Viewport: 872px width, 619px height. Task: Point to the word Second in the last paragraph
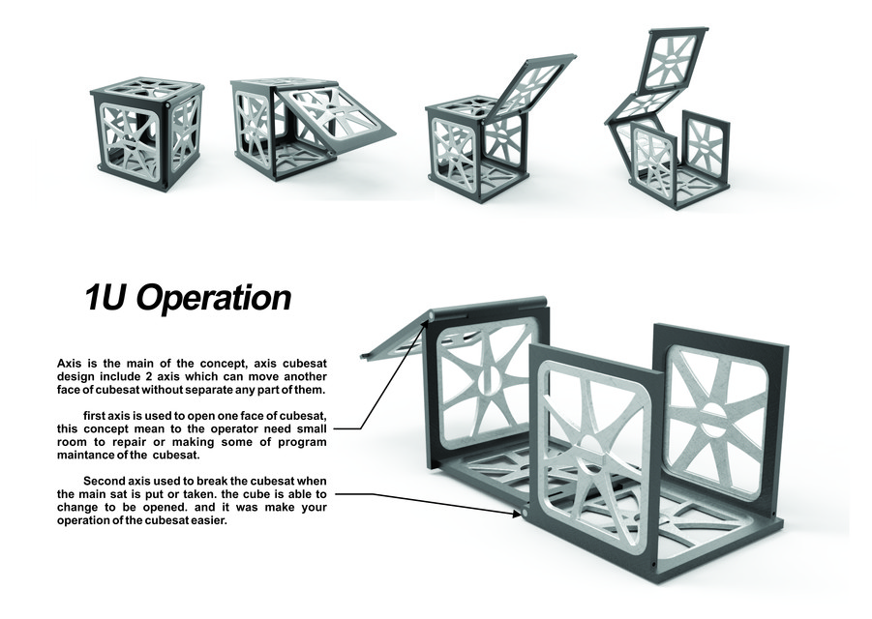coord(105,482)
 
